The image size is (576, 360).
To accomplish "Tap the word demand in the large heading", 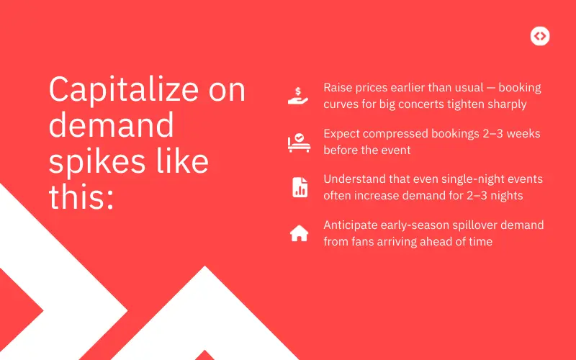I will [x=111, y=126].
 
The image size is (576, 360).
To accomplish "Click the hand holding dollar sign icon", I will [x=298, y=96].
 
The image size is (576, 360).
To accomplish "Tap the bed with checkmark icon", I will [x=298, y=142].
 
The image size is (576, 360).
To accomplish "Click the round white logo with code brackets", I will [x=539, y=36].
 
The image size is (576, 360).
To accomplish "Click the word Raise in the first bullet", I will [x=338, y=88].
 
